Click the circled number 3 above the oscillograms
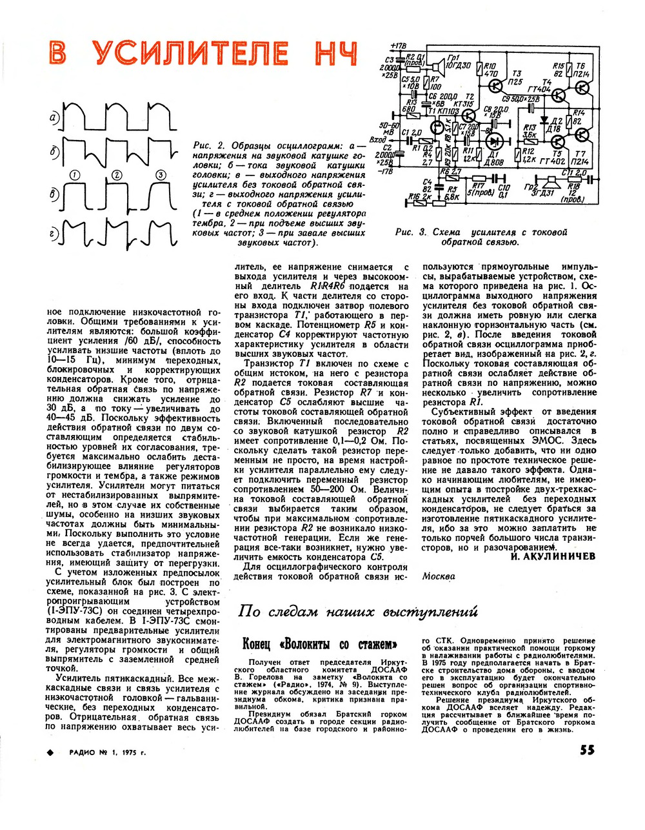pyautogui.click(x=160, y=174)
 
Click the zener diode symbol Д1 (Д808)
pyautogui.click(x=495, y=141)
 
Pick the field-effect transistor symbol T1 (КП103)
pyautogui.click(x=438, y=127)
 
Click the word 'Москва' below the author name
pyautogui.click(x=439, y=576)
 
